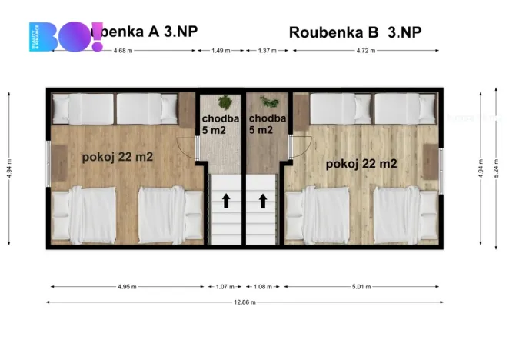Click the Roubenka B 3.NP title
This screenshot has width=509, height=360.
coord(355,32)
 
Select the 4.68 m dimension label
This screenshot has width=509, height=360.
coord(121,50)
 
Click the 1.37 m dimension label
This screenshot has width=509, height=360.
coord(267,50)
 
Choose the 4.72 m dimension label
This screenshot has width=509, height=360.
coord(368,50)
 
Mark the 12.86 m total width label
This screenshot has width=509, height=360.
coord(245,302)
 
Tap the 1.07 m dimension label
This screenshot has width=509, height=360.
coord(224,286)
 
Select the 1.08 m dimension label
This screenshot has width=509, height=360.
coord(264,286)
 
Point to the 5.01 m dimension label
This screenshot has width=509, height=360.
coord(361,286)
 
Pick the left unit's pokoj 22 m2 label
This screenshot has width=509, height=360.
coord(117,157)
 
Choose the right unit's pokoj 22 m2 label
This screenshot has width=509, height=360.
coord(361,163)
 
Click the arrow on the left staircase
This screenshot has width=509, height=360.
coord(227,202)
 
